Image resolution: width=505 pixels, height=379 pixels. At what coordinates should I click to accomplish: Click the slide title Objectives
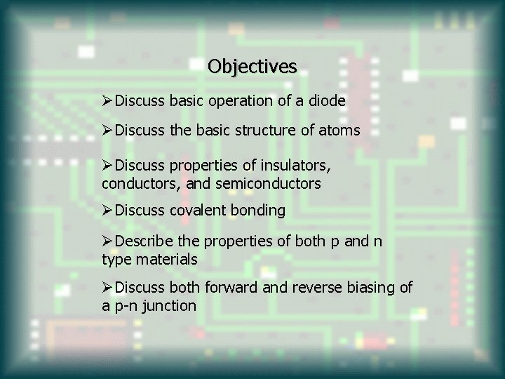252,67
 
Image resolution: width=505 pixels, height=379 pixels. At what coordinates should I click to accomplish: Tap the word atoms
341,131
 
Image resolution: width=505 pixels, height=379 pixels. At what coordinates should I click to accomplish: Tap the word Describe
144,243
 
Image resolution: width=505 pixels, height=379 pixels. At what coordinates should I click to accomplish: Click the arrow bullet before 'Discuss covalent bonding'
107,210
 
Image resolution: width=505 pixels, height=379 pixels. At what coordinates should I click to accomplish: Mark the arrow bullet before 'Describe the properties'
107,243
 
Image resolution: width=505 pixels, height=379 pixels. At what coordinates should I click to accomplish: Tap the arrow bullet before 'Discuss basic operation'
107,101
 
